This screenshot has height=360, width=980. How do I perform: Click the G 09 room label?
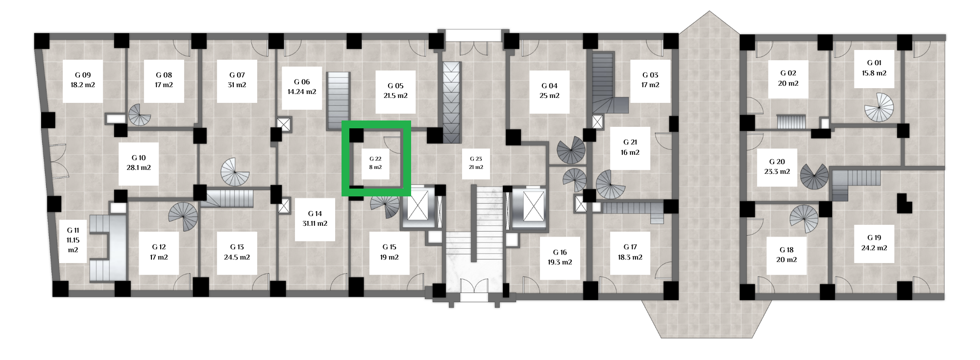point(83,80)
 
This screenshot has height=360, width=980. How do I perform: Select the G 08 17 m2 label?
point(164,80)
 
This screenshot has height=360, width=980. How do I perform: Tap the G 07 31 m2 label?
point(237,80)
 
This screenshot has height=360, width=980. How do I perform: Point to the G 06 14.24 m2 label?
point(302,87)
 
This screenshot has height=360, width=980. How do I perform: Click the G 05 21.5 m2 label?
point(396,91)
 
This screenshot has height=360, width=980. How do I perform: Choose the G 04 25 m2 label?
point(549,91)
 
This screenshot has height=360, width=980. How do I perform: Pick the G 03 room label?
point(650,80)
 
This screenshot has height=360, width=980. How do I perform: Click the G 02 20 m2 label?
point(788,78)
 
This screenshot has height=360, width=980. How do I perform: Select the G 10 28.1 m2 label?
point(139,163)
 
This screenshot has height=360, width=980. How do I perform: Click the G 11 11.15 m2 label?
point(73,240)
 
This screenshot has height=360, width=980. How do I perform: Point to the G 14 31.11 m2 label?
point(315,219)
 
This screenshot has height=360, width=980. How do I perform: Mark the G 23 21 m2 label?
point(476,163)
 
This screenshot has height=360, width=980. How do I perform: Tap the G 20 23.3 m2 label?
point(777,167)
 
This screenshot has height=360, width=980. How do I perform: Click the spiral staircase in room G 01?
point(879,107)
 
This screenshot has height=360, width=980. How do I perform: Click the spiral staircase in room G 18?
point(804,219)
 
